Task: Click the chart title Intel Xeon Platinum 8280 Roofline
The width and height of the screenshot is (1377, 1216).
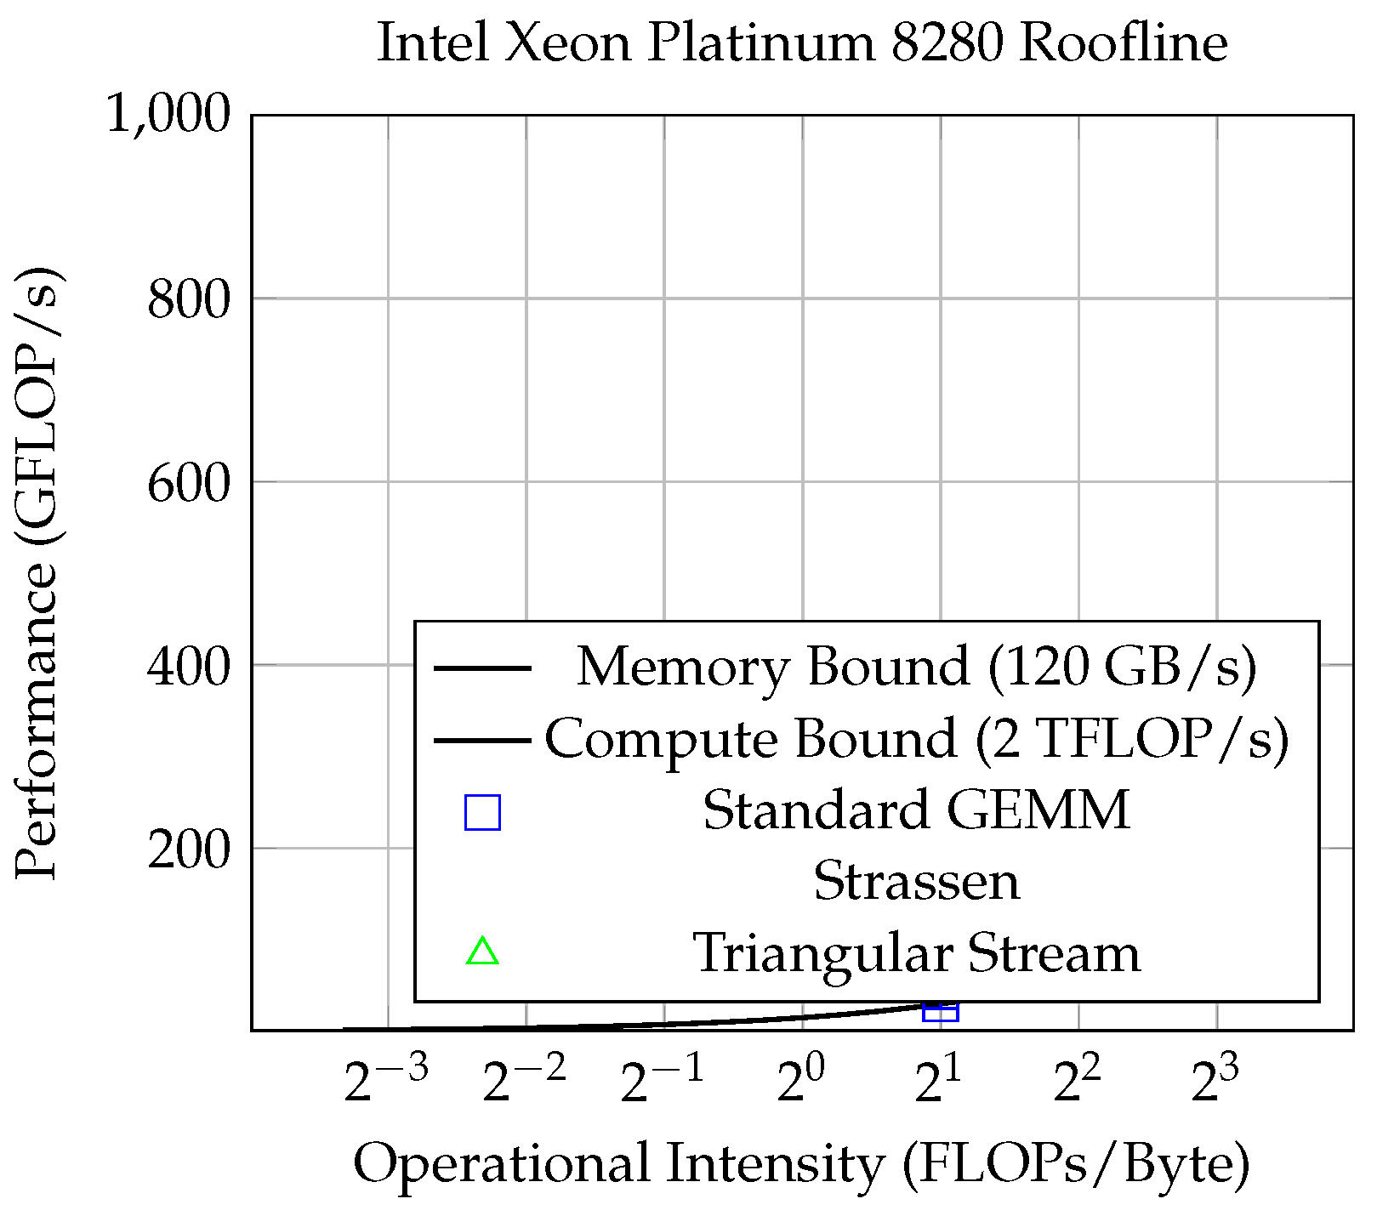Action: pyautogui.click(x=801, y=43)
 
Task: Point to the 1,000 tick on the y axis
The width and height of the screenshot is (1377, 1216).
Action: pyautogui.click(x=168, y=114)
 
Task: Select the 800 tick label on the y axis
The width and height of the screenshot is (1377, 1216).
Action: pyautogui.click(x=189, y=299)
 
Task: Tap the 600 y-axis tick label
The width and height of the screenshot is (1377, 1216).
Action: pyautogui.click(x=189, y=483)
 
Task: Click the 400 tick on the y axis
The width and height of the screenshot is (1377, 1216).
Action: pyautogui.click(x=189, y=666)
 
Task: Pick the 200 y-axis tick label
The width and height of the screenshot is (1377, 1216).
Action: pyautogui.click(x=189, y=849)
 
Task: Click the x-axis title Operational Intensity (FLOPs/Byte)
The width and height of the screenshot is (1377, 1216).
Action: pyautogui.click(x=801, y=1163)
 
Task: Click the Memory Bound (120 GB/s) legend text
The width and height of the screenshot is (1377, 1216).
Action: pyautogui.click(x=916, y=667)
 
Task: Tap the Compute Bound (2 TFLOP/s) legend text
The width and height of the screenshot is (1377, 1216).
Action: pyautogui.click(x=916, y=738)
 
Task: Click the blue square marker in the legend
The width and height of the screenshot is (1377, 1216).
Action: pyautogui.click(x=482, y=812)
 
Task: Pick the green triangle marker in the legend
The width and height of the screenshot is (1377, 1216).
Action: pyautogui.click(x=482, y=952)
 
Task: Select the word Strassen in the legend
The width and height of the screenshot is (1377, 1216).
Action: pyautogui.click(x=916, y=881)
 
